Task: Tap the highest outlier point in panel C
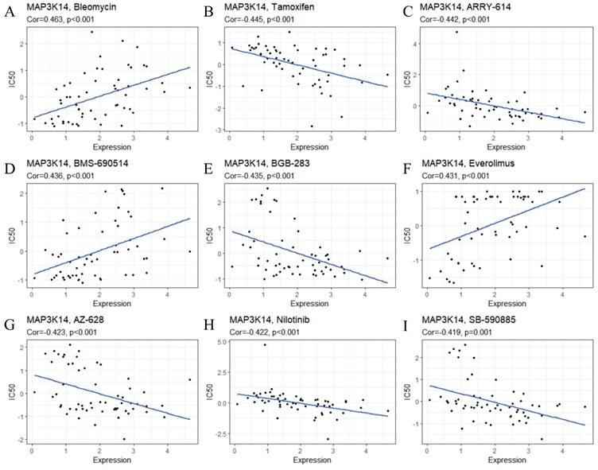[456, 31]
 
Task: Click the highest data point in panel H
[265, 344]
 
